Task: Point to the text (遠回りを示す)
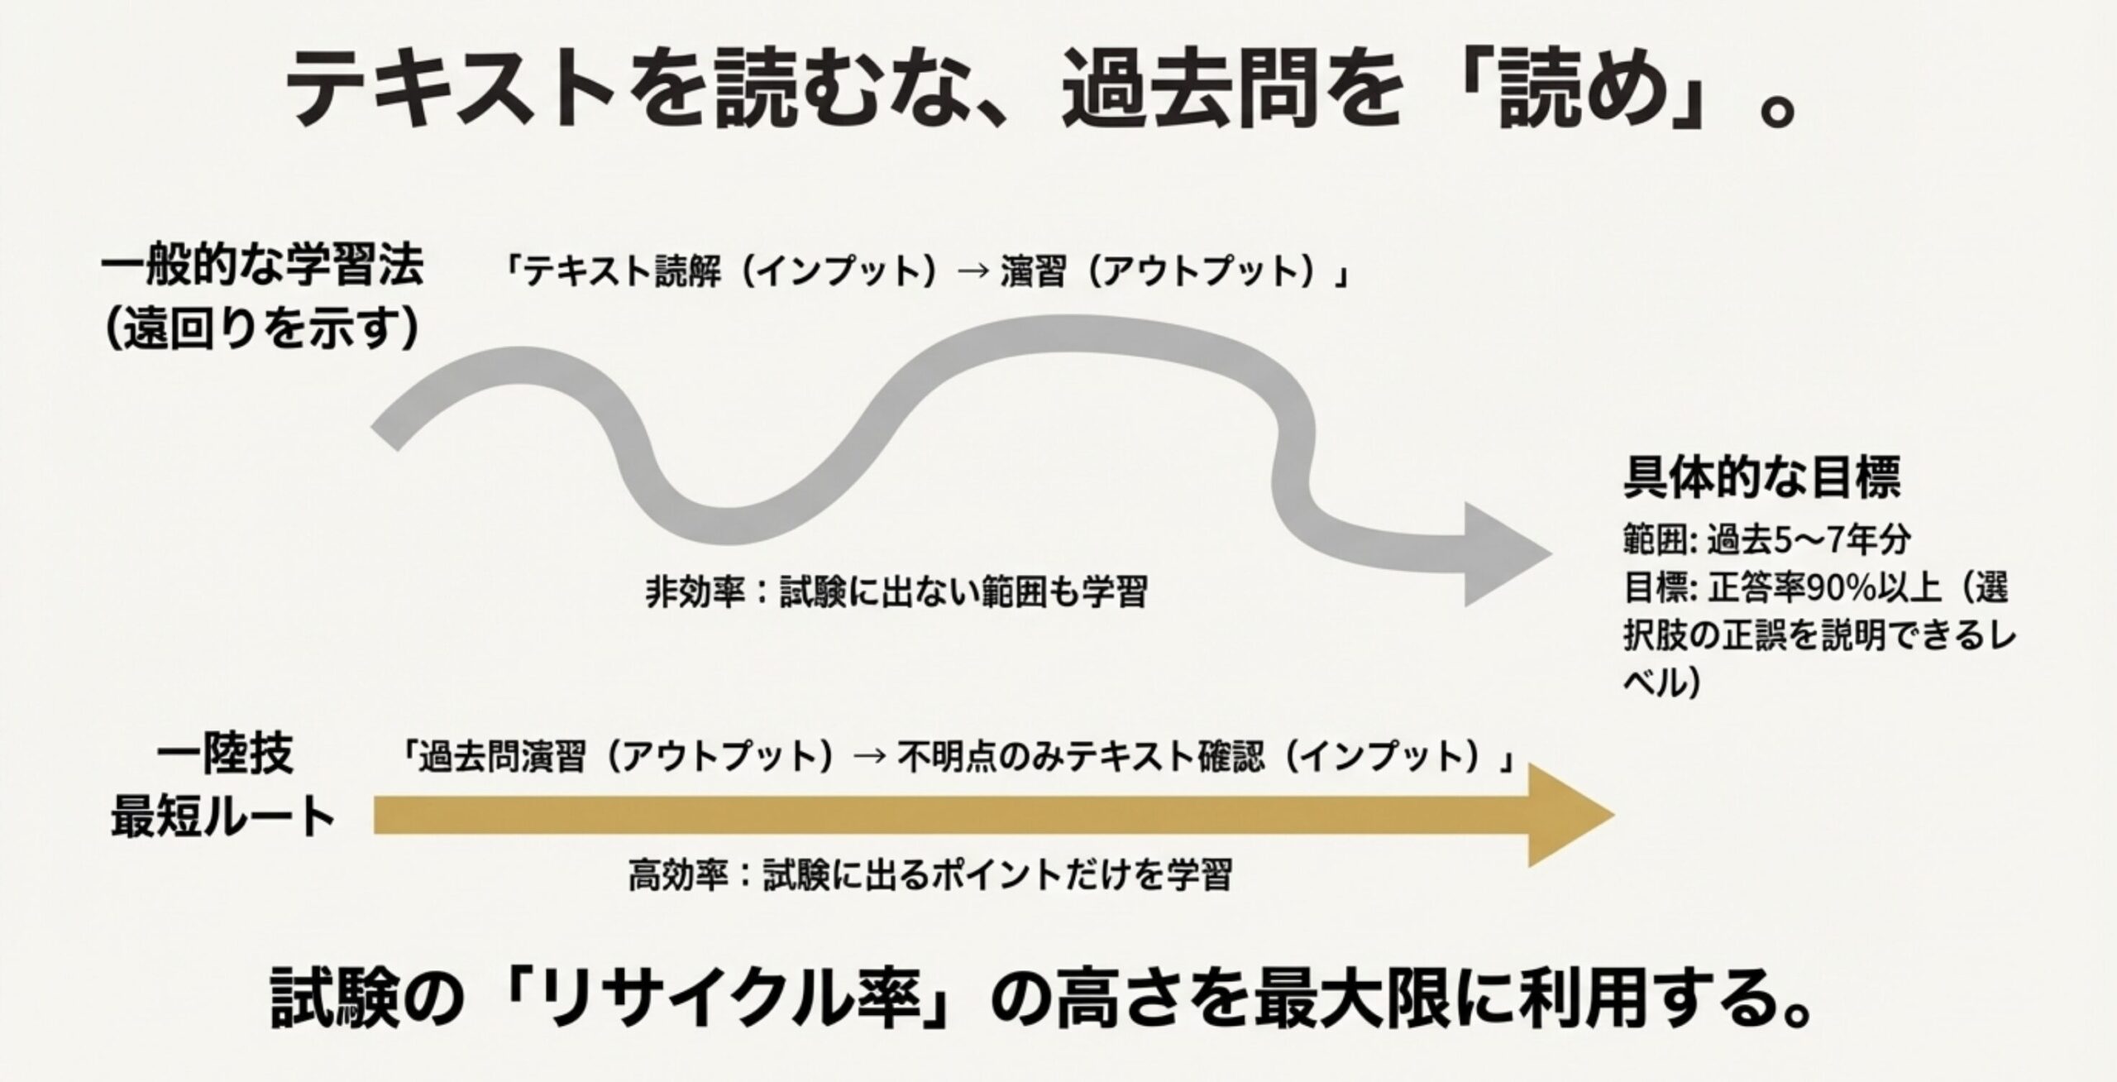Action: [262, 329]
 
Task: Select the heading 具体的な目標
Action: [1762, 477]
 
